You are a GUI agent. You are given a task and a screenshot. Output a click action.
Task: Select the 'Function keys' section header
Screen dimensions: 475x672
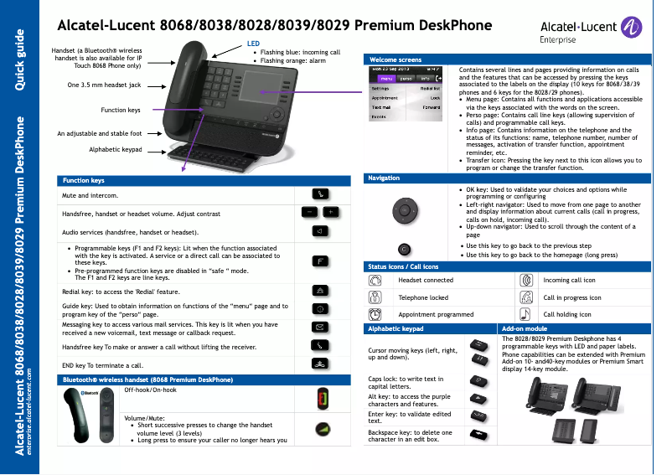[x=84, y=181]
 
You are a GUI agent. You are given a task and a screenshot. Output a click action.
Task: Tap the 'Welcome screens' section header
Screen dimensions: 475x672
[x=396, y=60]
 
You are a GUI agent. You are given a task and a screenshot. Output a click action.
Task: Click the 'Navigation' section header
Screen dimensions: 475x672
[x=384, y=178]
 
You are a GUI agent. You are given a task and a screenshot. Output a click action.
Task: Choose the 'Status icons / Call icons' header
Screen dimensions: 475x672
[x=403, y=266]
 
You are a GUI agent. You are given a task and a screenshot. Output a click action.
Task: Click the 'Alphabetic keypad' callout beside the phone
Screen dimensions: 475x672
[x=116, y=149]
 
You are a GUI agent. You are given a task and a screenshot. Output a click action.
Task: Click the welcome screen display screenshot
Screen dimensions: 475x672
[x=406, y=93]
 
